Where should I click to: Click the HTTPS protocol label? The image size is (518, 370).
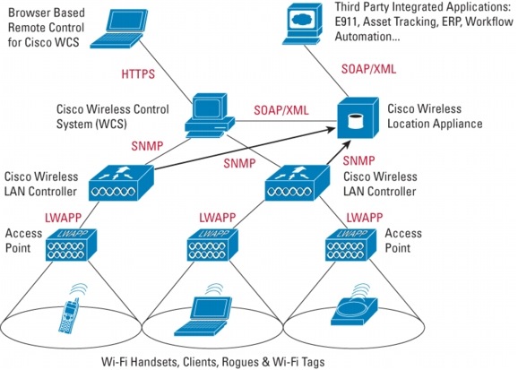(138, 73)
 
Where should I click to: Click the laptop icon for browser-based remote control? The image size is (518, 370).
(118, 29)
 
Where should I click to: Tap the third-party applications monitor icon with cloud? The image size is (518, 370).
(302, 23)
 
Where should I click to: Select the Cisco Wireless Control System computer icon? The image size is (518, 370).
(210, 116)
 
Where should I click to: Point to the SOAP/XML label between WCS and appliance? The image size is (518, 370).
(281, 110)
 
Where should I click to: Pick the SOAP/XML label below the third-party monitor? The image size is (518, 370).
(368, 69)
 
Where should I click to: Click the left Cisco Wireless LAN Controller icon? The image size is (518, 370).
(121, 183)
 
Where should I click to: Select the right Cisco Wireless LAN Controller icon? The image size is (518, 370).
(298, 183)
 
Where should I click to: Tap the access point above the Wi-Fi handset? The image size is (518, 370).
(71, 245)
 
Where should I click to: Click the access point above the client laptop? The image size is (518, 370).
(213, 245)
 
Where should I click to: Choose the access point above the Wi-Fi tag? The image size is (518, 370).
(351, 245)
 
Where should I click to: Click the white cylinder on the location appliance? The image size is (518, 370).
(356, 121)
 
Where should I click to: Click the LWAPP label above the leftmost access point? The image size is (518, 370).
(63, 217)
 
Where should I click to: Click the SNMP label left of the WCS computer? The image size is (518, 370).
(147, 146)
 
